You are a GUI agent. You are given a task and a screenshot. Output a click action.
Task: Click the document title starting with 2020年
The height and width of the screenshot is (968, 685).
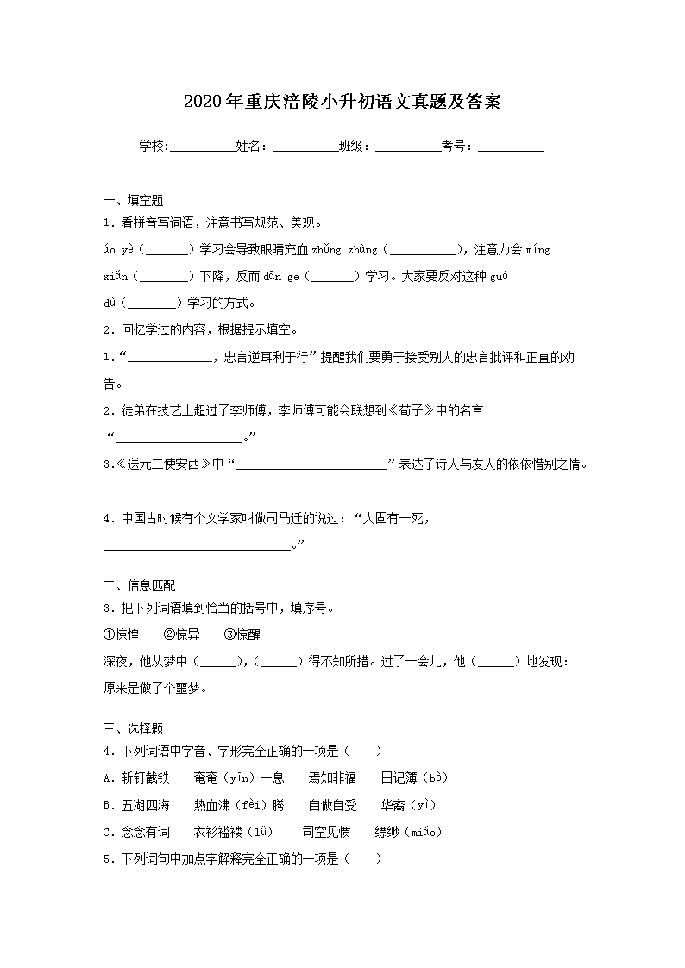point(342,103)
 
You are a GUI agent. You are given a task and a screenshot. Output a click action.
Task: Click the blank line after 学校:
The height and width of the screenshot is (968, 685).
point(202,147)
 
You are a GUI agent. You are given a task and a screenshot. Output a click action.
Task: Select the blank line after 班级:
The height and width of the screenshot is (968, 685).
point(408,147)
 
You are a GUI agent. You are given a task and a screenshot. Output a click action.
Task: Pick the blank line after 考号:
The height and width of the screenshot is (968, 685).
point(511,147)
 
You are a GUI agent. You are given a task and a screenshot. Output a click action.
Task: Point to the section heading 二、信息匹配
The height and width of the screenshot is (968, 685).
point(139,586)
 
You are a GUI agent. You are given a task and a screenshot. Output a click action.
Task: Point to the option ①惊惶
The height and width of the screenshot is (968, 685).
point(121,634)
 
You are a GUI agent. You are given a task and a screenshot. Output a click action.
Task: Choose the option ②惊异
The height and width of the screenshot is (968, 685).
point(181,634)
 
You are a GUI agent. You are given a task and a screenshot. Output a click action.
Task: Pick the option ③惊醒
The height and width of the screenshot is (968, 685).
point(242,634)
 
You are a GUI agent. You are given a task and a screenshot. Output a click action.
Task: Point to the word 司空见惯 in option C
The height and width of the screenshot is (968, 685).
point(326,832)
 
